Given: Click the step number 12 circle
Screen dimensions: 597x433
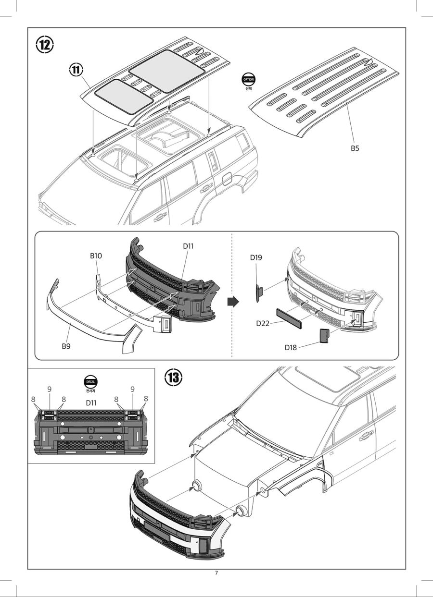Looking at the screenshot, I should point(45,45).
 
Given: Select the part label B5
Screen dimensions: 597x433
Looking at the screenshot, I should point(355,148).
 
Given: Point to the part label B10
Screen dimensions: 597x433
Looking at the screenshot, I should point(96,256).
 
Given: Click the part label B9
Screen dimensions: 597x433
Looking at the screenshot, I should point(66,345).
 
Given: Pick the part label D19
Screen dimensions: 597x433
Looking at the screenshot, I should point(256,257).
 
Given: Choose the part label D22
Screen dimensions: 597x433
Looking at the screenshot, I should point(263,323).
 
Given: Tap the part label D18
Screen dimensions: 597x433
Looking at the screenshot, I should point(291,347).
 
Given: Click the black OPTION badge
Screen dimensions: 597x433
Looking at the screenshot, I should point(249,80).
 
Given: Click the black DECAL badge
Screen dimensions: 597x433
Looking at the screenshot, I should point(90,381).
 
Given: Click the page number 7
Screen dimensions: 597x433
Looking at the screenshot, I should point(216,573).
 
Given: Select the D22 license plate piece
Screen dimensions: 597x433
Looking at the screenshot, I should point(289,318).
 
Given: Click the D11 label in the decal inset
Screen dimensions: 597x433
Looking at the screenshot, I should point(91,403).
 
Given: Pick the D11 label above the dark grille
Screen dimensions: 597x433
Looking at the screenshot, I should point(188,246).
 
